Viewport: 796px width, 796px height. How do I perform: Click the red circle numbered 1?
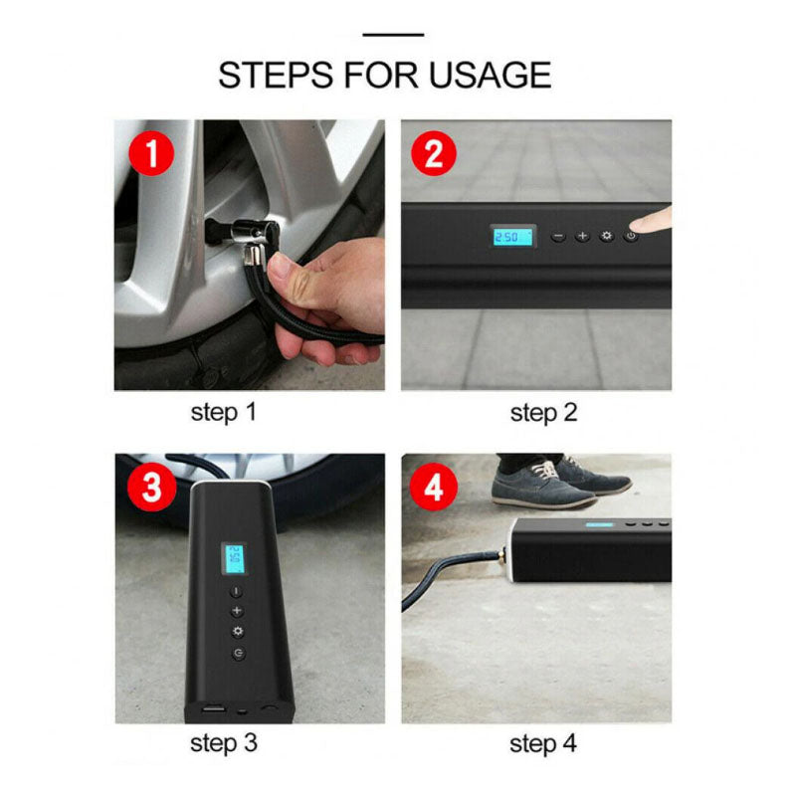[x=151, y=155]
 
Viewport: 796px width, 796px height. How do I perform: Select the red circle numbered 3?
[x=151, y=489]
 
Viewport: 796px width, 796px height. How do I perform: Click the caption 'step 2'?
[x=543, y=412]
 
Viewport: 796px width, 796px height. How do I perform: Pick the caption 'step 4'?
[x=543, y=743]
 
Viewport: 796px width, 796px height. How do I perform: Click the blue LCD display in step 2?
[x=511, y=237]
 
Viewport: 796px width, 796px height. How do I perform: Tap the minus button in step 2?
[x=558, y=237]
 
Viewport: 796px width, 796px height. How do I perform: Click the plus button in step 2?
[x=582, y=237]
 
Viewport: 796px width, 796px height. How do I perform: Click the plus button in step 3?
[x=237, y=611]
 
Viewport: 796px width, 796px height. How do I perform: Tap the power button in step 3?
[x=238, y=653]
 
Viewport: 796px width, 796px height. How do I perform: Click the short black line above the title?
[x=393, y=35]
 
